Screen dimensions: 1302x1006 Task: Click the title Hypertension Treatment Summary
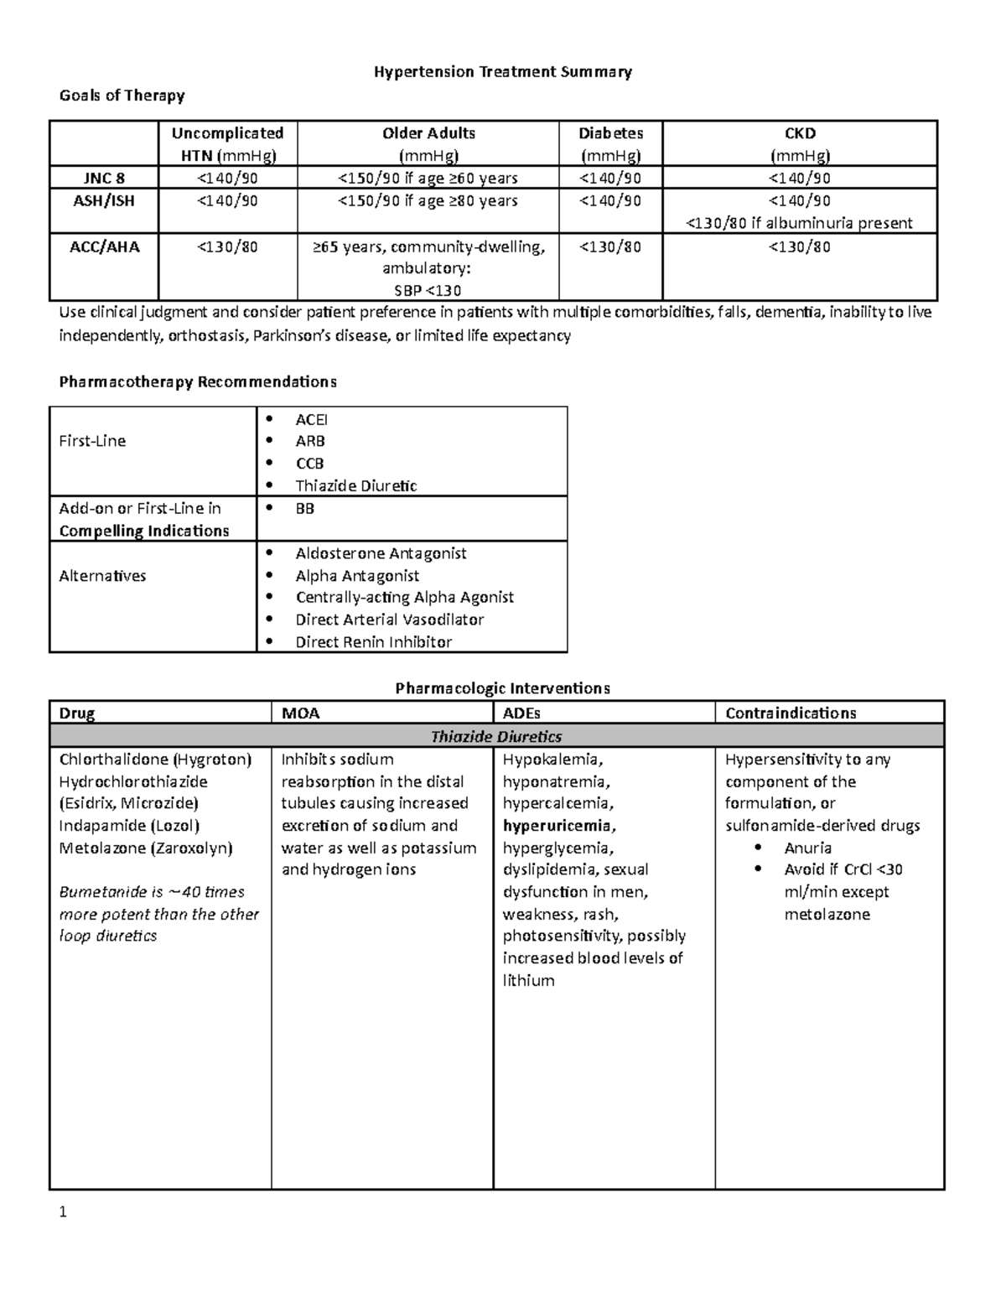point(502,72)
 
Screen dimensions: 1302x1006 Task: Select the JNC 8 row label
point(104,178)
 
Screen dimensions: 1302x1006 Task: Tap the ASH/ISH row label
point(104,200)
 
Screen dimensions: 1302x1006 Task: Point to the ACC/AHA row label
point(104,246)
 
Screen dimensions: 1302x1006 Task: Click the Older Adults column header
point(428,133)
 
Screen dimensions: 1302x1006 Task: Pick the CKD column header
point(799,133)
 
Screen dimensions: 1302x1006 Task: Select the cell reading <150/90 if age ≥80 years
point(428,200)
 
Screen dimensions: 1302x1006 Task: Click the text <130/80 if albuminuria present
point(799,223)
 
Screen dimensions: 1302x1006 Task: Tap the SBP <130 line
point(428,291)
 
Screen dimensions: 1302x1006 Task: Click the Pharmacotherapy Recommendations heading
point(198,382)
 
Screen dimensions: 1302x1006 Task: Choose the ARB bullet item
point(309,441)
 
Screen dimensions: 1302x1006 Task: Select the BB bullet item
point(304,508)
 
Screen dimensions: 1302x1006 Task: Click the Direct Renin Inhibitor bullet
point(373,642)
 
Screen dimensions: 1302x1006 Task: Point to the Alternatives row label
point(102,576)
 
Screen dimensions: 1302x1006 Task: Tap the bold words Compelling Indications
point(143,531)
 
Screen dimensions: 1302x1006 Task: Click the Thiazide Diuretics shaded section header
point(496,736)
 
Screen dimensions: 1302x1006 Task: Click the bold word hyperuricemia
point(557,826)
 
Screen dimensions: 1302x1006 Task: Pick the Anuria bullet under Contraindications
point(807,848)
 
